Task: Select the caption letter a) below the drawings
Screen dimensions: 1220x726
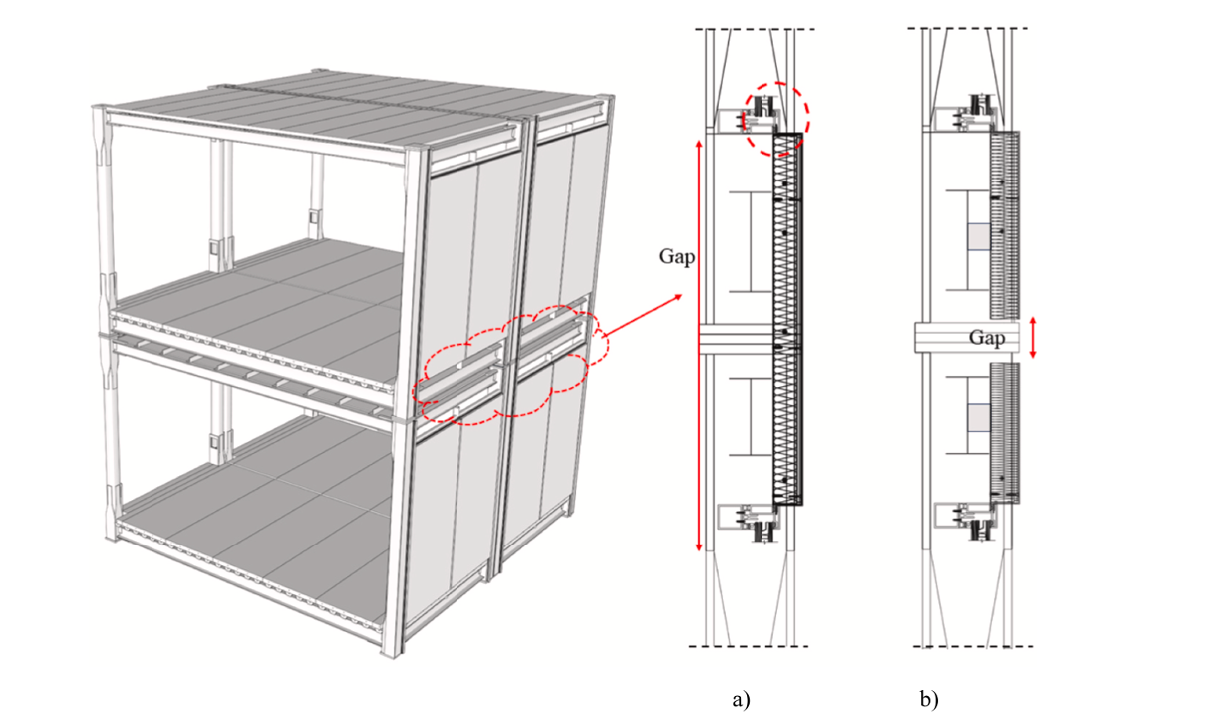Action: click(x=740, y=699)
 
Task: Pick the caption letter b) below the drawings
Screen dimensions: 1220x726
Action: click(x=929, y=699)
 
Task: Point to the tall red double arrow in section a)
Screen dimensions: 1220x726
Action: click(x=698, y=344)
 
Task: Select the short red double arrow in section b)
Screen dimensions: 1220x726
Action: click(x=1033, y=337)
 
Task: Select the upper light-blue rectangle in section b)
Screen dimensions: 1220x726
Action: click(x=978, y=237)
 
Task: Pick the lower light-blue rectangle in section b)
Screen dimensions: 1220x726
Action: click(x=978, y=418)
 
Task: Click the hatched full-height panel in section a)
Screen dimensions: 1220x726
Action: click(x=786, y=319)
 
